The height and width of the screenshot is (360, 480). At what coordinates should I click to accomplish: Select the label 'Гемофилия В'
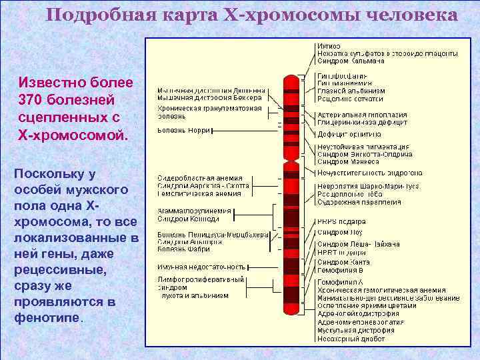(x=340, y=271)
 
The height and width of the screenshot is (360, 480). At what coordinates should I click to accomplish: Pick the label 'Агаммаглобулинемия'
(x=194, y=211)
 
